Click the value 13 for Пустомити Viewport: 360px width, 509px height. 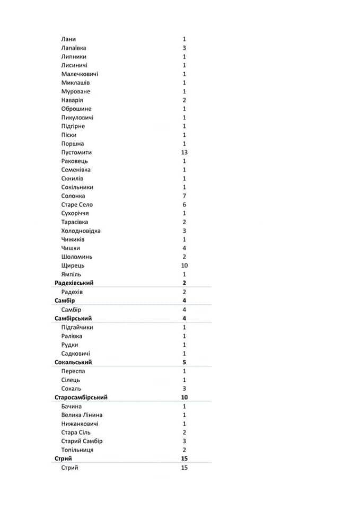(x=184, y=152)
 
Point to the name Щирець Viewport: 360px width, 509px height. (x=73, y=266)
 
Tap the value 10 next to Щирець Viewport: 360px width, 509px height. (x=184, y=266)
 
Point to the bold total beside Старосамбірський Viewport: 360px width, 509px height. (x=184, y=397)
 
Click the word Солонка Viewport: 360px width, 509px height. (x=73, y=196)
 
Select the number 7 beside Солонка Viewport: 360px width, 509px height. (x=184, y=196)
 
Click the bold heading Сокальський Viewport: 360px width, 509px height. (x=73, y=362)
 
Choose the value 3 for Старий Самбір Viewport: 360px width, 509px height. (x=184, y=441)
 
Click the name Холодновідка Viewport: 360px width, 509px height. (x=81, y=231)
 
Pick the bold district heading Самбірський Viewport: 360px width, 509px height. (x=73, y=318)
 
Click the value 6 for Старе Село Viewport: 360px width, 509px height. (x=184, y=205)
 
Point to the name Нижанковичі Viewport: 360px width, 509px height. (x=80, y=424)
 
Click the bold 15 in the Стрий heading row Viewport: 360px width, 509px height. (x=184, y=459)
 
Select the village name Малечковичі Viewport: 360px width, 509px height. (x=80, y=74)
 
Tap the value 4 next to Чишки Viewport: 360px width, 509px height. (x=184, y=248)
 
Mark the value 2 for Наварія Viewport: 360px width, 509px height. (x=184, y=100)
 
